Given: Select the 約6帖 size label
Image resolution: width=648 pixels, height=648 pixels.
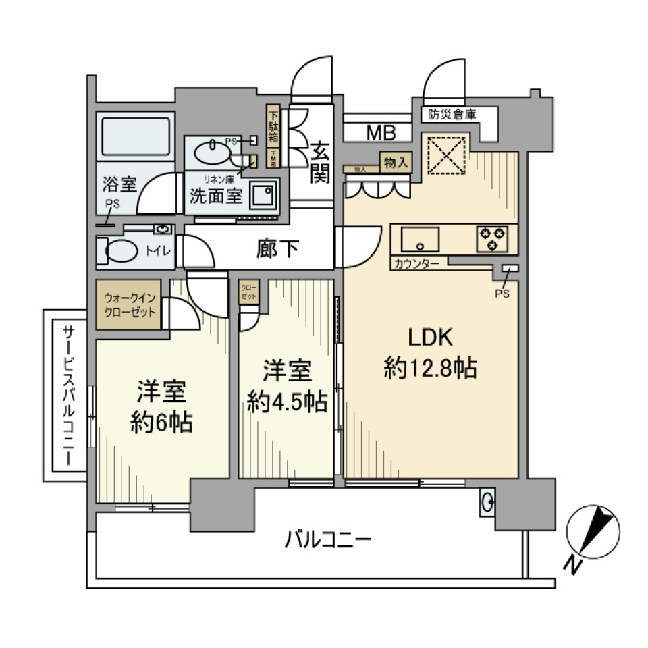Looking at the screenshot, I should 161,423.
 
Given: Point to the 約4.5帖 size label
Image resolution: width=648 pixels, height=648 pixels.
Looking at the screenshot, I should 287,402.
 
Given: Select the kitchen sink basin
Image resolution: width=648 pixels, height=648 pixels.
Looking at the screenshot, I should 419,239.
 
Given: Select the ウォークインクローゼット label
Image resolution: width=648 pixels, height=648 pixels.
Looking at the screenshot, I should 129,305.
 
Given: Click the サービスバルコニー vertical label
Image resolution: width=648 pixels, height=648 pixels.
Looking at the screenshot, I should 69,394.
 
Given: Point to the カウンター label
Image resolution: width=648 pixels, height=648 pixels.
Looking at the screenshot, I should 416,264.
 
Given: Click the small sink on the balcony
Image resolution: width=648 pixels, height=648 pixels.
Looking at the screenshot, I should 487,502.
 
